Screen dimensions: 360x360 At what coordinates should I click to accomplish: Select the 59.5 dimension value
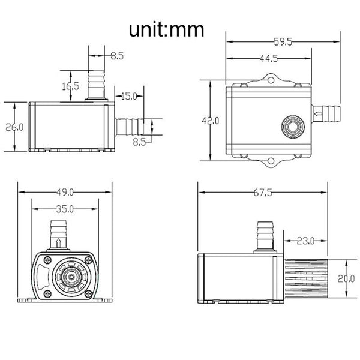point(283,43)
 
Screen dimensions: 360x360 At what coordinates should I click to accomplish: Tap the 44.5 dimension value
point(269,58)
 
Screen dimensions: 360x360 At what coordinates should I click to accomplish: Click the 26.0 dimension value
point(13,127)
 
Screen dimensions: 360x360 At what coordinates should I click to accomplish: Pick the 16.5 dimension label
point(70,86)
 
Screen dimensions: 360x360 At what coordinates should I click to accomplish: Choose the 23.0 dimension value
point(305,241)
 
